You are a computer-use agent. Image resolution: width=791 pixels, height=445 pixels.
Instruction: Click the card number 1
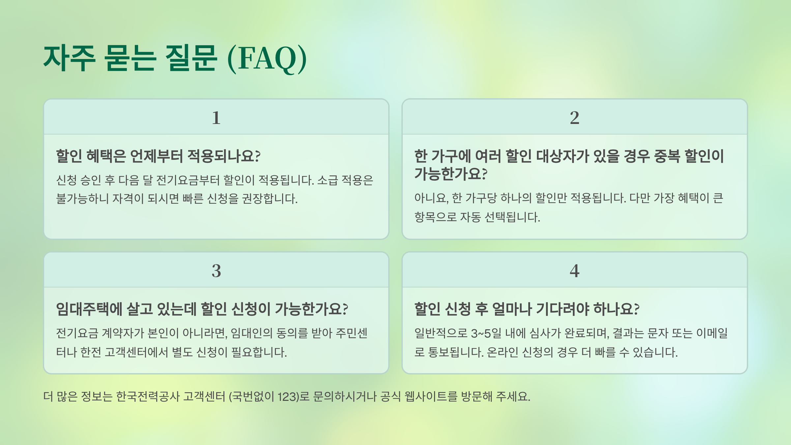216,118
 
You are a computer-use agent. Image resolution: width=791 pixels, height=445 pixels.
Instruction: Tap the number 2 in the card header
574,118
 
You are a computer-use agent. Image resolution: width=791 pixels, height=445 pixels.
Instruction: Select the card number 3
216,271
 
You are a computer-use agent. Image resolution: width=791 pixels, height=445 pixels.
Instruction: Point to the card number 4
574,271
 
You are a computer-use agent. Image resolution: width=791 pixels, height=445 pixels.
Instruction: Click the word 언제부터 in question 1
157,156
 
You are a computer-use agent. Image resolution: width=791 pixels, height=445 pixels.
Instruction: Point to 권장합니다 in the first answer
270,199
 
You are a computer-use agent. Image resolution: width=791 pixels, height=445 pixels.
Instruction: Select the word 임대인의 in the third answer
251,333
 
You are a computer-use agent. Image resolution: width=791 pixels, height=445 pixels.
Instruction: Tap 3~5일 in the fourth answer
486,333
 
